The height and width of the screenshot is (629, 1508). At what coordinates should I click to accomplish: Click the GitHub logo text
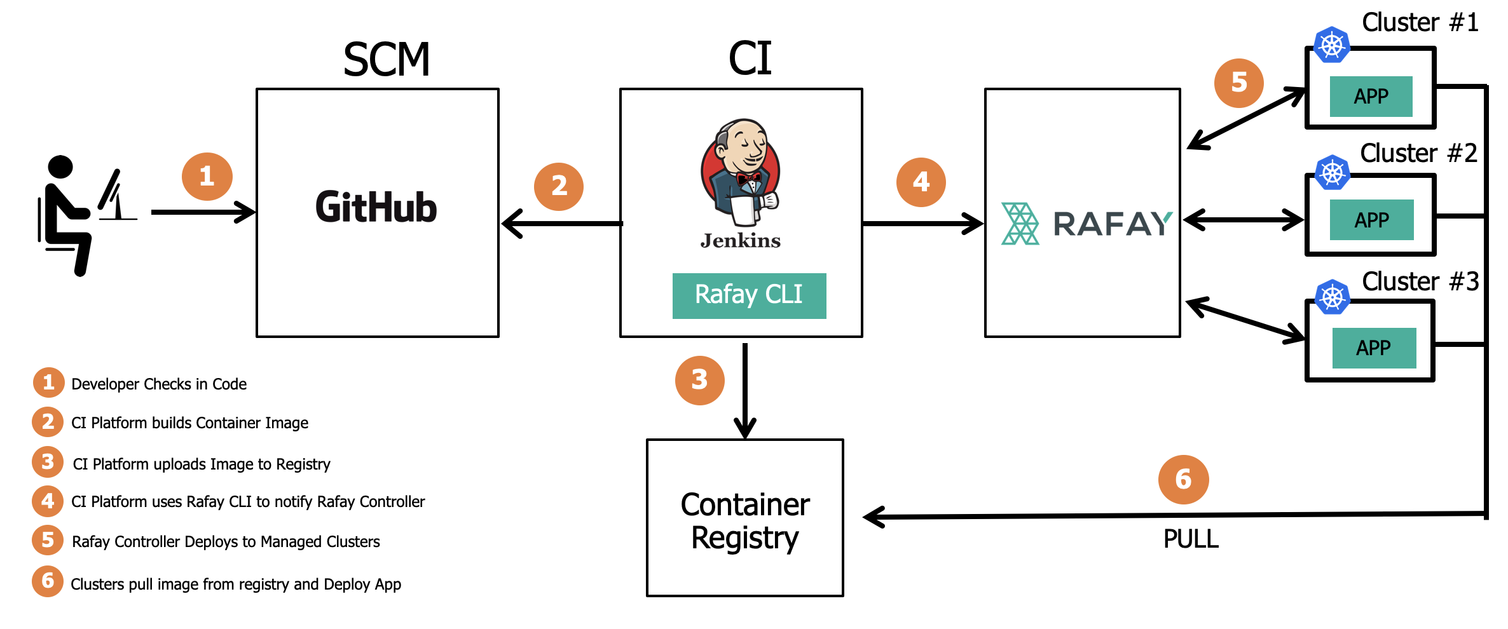(376, 208)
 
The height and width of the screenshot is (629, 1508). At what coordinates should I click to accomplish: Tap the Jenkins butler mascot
(741, 172)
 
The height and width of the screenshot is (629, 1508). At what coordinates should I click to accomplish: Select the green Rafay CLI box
(749, 295)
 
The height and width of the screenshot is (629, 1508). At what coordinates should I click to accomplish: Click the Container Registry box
(744, 518)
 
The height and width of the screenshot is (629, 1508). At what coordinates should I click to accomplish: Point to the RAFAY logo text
(1111, 224)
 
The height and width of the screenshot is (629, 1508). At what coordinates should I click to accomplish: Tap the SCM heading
(387, 60)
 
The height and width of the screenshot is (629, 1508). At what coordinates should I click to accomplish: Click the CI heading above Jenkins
(750, 58)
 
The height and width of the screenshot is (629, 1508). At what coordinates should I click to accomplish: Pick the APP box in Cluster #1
(1371, 97)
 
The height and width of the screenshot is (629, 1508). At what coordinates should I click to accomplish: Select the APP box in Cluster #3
(1373, 348)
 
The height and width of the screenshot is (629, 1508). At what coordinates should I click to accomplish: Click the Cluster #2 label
(1418, 153)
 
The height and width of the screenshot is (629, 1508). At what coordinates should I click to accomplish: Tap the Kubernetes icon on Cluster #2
(1333, 173)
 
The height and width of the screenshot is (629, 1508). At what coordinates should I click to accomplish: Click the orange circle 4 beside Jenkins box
(921, 182)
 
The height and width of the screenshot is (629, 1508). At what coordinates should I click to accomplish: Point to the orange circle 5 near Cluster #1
(1238, 83)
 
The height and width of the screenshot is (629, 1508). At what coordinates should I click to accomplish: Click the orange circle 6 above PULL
(1183, 480)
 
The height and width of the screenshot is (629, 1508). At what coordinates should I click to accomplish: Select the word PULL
(1191, 539)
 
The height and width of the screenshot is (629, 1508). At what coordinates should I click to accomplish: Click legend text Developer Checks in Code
(159, 384)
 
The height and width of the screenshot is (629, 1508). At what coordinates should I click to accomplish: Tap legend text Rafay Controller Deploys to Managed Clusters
(226, 542)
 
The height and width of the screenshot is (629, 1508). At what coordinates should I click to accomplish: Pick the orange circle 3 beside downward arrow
(699, 380)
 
